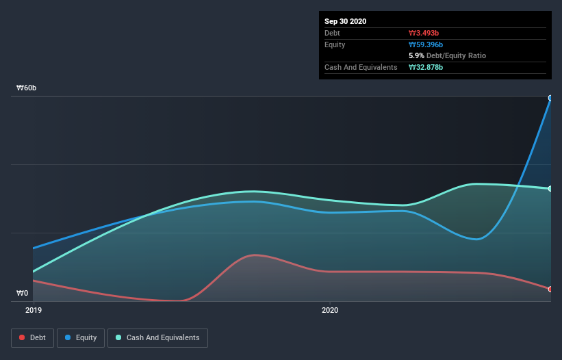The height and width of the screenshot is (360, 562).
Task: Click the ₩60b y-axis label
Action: (x=27, y=88)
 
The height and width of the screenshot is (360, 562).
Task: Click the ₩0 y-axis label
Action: (x=23, y=293)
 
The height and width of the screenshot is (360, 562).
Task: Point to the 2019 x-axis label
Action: (x=33, y=310)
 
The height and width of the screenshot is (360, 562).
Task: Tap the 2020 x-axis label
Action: (x=330, y=310)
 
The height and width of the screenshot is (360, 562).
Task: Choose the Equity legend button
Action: (x=81, y=337)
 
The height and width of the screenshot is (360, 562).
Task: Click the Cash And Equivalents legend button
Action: (x=157, y=337)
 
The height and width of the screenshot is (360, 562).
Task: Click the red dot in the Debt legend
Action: (x=23, y=337)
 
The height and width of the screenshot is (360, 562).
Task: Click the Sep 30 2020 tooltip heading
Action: (x=345, y=21)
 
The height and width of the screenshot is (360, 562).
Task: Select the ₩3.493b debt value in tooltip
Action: (x=424, y=33)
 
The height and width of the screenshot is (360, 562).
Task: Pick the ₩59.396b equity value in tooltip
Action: (x=426, y=44)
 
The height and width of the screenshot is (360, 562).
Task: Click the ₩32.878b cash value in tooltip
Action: (x=426, y=67)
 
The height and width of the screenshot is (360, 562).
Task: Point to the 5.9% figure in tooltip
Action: (x=416, y=55)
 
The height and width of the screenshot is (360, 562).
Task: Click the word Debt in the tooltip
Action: (x=333, y=33)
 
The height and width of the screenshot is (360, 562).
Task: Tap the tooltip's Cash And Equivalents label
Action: (x=361, y=67)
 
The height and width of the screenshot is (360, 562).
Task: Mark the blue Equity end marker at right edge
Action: (x=550, y=98)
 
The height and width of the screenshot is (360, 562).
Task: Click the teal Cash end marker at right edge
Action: (x=550, y=189)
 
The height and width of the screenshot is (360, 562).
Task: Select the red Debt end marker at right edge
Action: (x=550, y=289)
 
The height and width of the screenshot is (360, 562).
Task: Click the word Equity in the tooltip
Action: (x=335, y=44)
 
